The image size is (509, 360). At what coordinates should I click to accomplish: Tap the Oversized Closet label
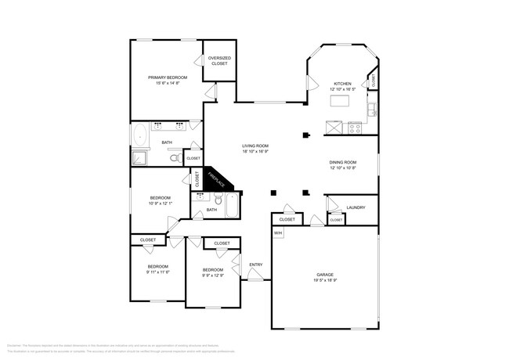coord(218,60)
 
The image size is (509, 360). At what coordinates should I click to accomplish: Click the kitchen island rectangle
coord(341,101)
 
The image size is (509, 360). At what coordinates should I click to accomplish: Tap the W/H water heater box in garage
coord(278,234)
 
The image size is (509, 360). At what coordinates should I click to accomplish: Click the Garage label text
coord(324,275)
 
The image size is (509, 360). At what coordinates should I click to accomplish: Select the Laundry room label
coord(356,207)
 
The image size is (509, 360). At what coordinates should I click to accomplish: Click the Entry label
coord(255,265)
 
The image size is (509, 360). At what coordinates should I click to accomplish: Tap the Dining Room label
coord(343,162)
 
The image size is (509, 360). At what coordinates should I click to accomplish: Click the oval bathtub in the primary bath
coord(142,135)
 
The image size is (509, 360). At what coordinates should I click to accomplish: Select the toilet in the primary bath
coord(176,158)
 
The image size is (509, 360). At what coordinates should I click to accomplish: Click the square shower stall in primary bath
coord(139,157)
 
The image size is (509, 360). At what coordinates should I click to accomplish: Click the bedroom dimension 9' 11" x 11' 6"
coord(157,272)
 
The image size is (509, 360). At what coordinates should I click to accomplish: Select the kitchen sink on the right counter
coord(374,109)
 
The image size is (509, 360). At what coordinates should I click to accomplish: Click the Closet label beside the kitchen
coord(374,79)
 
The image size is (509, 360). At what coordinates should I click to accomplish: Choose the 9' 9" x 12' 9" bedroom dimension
coord(213,275)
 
